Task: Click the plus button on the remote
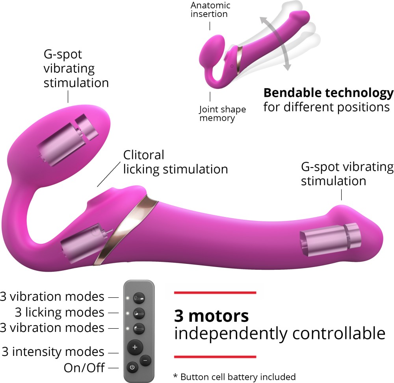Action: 135,347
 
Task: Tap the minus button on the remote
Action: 145,361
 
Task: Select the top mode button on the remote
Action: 139,298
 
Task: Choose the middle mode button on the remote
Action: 139,313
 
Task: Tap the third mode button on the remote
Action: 139,328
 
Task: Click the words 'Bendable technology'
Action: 329,93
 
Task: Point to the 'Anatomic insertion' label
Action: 210,9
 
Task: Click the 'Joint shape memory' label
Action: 222,114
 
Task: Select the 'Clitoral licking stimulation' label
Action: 175,162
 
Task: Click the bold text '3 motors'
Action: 211,316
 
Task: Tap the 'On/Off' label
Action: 84,368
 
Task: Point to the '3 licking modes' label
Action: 59,313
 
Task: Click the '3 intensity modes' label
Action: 53,352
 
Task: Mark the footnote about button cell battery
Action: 234,377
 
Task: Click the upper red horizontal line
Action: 215,293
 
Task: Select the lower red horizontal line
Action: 215,357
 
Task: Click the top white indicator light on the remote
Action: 128,298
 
